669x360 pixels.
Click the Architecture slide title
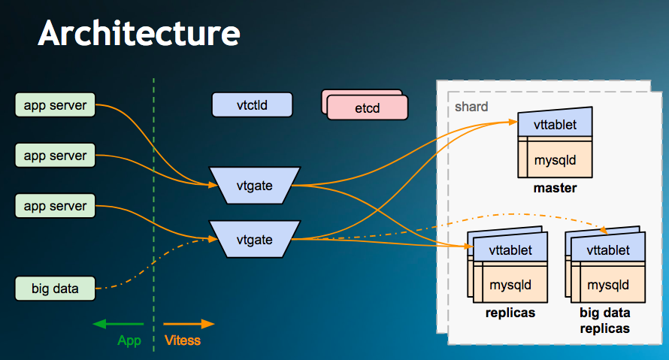click(139, 33)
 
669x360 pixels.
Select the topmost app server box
click(55, 105)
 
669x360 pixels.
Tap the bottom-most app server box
click(55, 206)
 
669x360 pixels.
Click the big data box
click(55, 289)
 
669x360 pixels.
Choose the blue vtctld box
click(251, 105)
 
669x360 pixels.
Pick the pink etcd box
click(368, 108)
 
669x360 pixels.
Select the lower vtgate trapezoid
click(254, 240)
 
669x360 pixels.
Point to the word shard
click(471, 107)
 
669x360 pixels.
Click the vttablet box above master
click(555, 124)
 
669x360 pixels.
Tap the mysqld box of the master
click(555, 160)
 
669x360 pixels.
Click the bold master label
click(555, 188)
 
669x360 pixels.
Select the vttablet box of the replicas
click(510, 250)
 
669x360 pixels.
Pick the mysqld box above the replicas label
click(510, 285)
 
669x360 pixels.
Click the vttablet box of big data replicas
click(607, 250)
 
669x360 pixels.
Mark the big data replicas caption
click(605, 321)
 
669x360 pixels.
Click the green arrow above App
click(118, 324)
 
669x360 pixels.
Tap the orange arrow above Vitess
click(189, 324)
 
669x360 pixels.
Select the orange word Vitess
click(183, 340)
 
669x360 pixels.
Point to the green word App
click(129, 340)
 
